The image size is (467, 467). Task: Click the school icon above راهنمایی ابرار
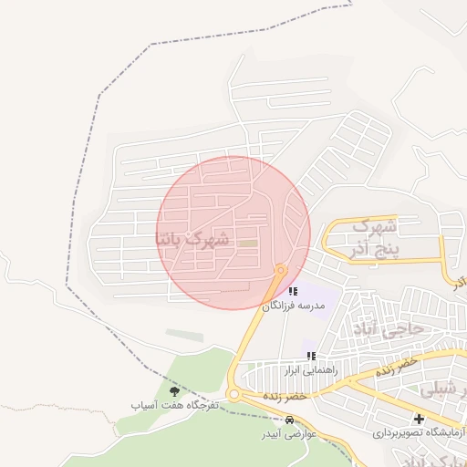311,355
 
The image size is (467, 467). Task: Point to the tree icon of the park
174,390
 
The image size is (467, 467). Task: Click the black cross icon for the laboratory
419,420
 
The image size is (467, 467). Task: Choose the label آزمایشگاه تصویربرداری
417,434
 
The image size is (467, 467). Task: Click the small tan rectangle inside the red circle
247,244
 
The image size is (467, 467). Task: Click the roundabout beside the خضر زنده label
233,395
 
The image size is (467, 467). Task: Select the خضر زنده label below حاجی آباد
396,365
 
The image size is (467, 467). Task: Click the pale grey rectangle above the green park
185,336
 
